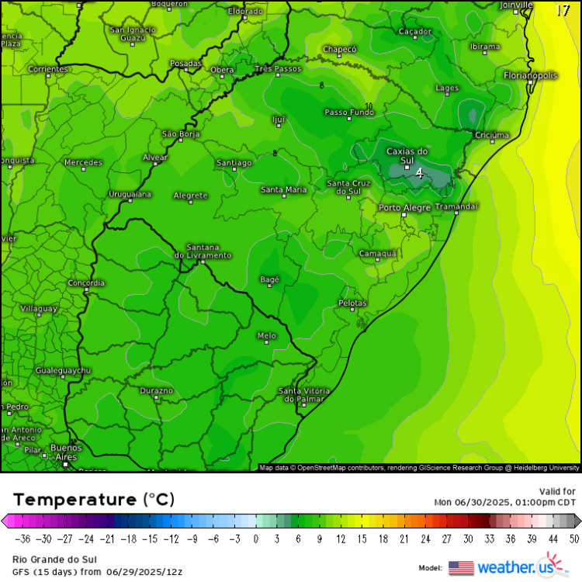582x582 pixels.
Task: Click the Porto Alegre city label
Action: coord(404,208)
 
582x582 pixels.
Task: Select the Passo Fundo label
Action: coord(348,113)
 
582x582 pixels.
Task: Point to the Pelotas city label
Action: coord(352,303)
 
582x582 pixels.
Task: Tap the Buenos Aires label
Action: coord(65,452)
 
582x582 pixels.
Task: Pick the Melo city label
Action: coord(266,335)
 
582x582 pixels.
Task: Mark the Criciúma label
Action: coord(491,135)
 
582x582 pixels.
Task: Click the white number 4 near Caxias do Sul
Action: coord(419,174)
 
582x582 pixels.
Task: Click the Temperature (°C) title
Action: coord(93,498)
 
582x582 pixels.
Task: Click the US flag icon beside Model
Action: coord(461,567)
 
